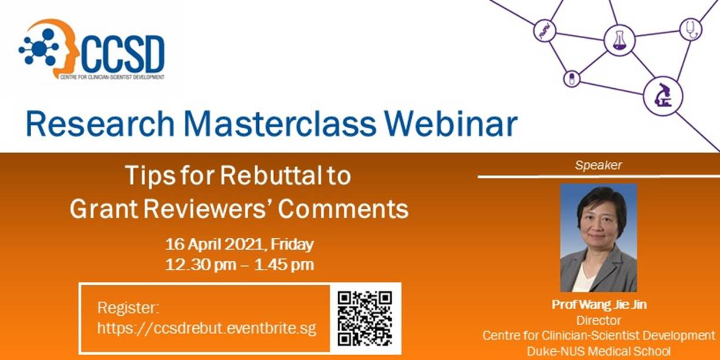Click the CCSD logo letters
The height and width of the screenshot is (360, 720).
123,54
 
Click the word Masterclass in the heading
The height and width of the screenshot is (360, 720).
279,124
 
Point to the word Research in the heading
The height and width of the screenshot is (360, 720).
100,124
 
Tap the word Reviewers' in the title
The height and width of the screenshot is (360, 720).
206,209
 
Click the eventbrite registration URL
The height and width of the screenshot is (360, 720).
206,328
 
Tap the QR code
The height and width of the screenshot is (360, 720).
365,319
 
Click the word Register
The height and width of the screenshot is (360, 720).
128,308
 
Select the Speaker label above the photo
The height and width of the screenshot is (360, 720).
598,165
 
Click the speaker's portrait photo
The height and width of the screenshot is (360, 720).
598,238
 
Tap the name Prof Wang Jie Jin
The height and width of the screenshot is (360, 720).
599,305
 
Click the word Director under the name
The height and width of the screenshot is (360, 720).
598,321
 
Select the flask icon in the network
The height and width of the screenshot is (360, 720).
619,41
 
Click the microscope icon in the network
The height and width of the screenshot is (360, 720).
663,95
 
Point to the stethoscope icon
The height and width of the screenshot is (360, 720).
691,29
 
